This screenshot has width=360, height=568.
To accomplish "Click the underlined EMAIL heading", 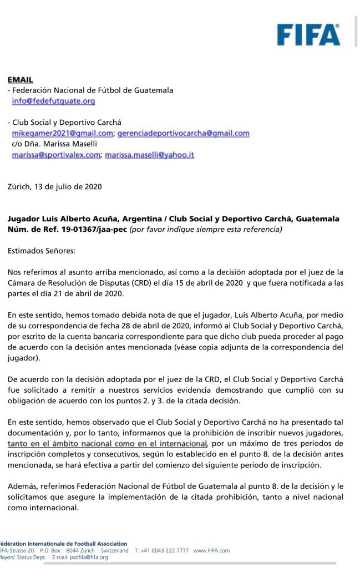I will coord(21,80).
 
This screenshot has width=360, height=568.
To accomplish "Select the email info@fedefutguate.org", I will coord(54,101).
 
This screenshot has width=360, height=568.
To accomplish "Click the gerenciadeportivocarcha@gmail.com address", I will coord(183,133).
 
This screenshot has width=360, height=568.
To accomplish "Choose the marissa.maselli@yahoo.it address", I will coord(150,155).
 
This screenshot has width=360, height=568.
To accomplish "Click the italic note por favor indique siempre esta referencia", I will coord(206,229).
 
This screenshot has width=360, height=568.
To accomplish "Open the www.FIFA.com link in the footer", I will coord(211,550).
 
